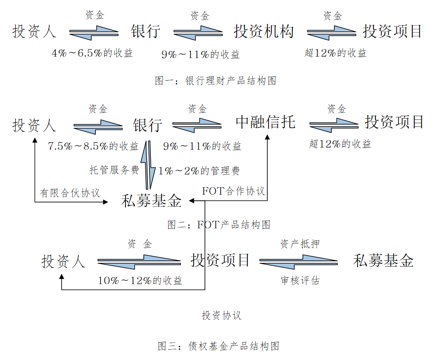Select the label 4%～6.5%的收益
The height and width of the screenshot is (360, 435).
coord(92,53)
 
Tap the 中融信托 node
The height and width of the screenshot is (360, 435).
coord(266,122)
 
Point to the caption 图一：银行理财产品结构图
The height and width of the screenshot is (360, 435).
coord(215,81)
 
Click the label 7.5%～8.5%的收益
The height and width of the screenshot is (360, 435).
coord(93,146)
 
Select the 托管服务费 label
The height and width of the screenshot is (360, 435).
coord(114,170)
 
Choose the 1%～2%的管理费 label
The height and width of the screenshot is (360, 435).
coord(199,170)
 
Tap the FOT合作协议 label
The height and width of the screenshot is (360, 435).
coord(233,191)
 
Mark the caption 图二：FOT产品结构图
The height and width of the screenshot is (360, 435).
coord(219,224)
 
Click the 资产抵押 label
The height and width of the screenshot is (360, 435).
coord(300,244)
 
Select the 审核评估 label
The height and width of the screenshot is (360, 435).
coord(300,281)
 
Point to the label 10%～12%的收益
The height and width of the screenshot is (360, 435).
coord(140,281)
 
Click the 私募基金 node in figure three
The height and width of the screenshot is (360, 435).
coord(383,261)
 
